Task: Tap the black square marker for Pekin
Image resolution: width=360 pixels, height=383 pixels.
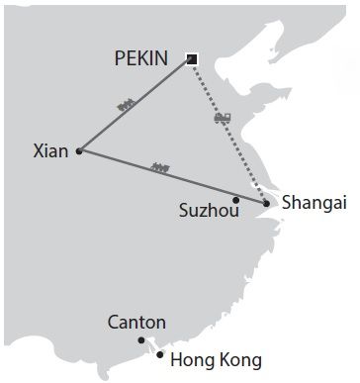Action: (192, 59)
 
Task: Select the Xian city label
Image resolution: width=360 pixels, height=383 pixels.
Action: (50, 151)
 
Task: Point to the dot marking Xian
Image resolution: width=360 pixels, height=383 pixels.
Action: (78, 151)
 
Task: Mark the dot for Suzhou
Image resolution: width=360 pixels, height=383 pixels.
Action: (234, 199)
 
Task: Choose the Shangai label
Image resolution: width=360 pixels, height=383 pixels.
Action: (315, 204)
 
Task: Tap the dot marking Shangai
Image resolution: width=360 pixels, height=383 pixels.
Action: (267, 204)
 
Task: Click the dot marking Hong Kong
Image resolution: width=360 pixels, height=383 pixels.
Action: (159, 353)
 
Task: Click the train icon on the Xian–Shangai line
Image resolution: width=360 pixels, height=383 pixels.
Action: (160, 167)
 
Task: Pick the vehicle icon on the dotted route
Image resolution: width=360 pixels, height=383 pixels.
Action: (224, 119)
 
